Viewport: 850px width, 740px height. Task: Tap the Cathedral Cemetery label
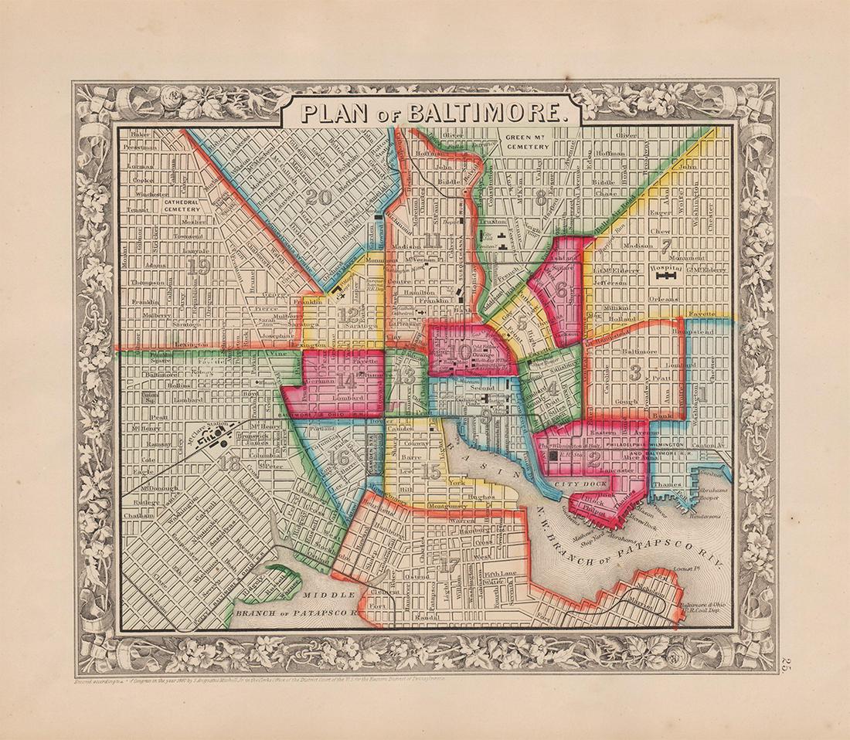coord(183,204)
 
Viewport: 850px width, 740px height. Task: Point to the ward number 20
coord(317,197)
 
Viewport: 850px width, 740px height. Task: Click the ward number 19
coord(199,266)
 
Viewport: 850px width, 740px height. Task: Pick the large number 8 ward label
coord(541,195)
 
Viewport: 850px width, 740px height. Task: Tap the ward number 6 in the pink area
coord(560,290)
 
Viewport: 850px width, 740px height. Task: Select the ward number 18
coord(229,464)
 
